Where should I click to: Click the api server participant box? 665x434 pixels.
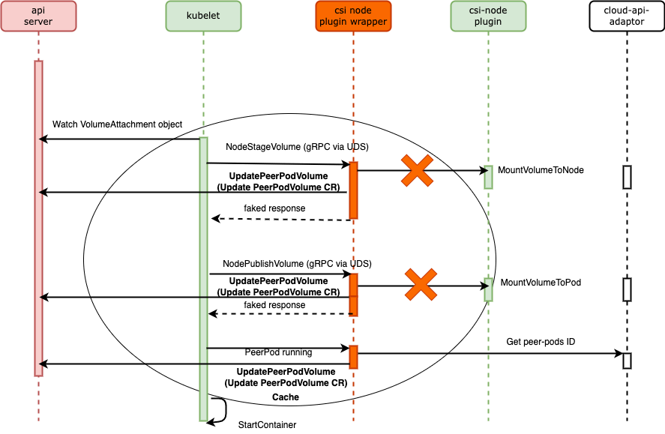[38, 17]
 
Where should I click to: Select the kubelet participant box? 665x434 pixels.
[203, 17]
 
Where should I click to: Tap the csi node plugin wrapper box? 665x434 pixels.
[352, 17]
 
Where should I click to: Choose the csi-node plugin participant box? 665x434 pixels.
[487, 17]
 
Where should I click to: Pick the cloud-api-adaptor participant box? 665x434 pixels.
[626, 17]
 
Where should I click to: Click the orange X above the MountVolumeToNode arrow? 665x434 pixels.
[418, 170]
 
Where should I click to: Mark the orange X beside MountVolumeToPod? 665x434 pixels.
[421, 285]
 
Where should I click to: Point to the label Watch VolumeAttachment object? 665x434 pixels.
[117, 124]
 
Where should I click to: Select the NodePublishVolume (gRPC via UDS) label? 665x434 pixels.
[297, 264]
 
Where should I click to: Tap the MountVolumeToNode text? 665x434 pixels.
[541, 170]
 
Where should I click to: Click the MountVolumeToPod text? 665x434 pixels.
[540, 283]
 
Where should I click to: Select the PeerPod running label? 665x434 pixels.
[278, 352]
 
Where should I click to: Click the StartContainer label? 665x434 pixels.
[267, 425]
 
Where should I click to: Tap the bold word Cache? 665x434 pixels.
[286, 397]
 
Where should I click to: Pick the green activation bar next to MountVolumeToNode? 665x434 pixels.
[488, 177]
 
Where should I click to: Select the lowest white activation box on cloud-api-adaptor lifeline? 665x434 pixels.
[627, 361]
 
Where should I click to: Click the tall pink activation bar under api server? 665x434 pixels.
[38, 217]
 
